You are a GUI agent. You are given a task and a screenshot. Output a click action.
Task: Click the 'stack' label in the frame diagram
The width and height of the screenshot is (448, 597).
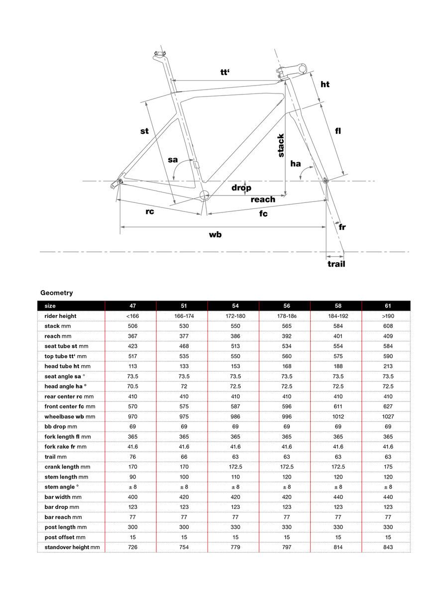pos(281,145)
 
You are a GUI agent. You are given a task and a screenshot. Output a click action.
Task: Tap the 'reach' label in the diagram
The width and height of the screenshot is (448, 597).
pos(262,199)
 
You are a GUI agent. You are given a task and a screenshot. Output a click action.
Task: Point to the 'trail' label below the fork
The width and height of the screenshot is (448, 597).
pos(336,264)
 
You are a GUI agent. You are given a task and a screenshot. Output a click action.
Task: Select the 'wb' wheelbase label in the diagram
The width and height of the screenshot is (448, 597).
pos(216,234)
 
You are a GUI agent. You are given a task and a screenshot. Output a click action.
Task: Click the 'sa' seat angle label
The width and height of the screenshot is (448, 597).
pos(173,160)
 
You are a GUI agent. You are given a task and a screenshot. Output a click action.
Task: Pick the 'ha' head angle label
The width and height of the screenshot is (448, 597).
pos(296,163)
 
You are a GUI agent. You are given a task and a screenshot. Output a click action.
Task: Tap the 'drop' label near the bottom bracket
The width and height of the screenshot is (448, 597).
pos(241,188)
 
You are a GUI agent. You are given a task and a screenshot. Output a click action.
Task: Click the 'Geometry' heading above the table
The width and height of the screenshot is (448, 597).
pos(56,293)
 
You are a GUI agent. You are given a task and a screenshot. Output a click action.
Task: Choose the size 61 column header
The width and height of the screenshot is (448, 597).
pos(388,306)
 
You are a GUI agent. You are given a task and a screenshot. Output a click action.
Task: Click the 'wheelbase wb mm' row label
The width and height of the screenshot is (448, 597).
pos(70,416)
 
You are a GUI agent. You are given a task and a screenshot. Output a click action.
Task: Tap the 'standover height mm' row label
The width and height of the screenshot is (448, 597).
pos(72,547)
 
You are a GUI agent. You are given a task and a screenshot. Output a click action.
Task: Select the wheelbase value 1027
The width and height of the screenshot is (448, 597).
pos(388,416)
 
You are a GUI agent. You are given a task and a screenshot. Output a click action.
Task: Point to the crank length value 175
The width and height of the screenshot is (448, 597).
pos(388,467)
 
